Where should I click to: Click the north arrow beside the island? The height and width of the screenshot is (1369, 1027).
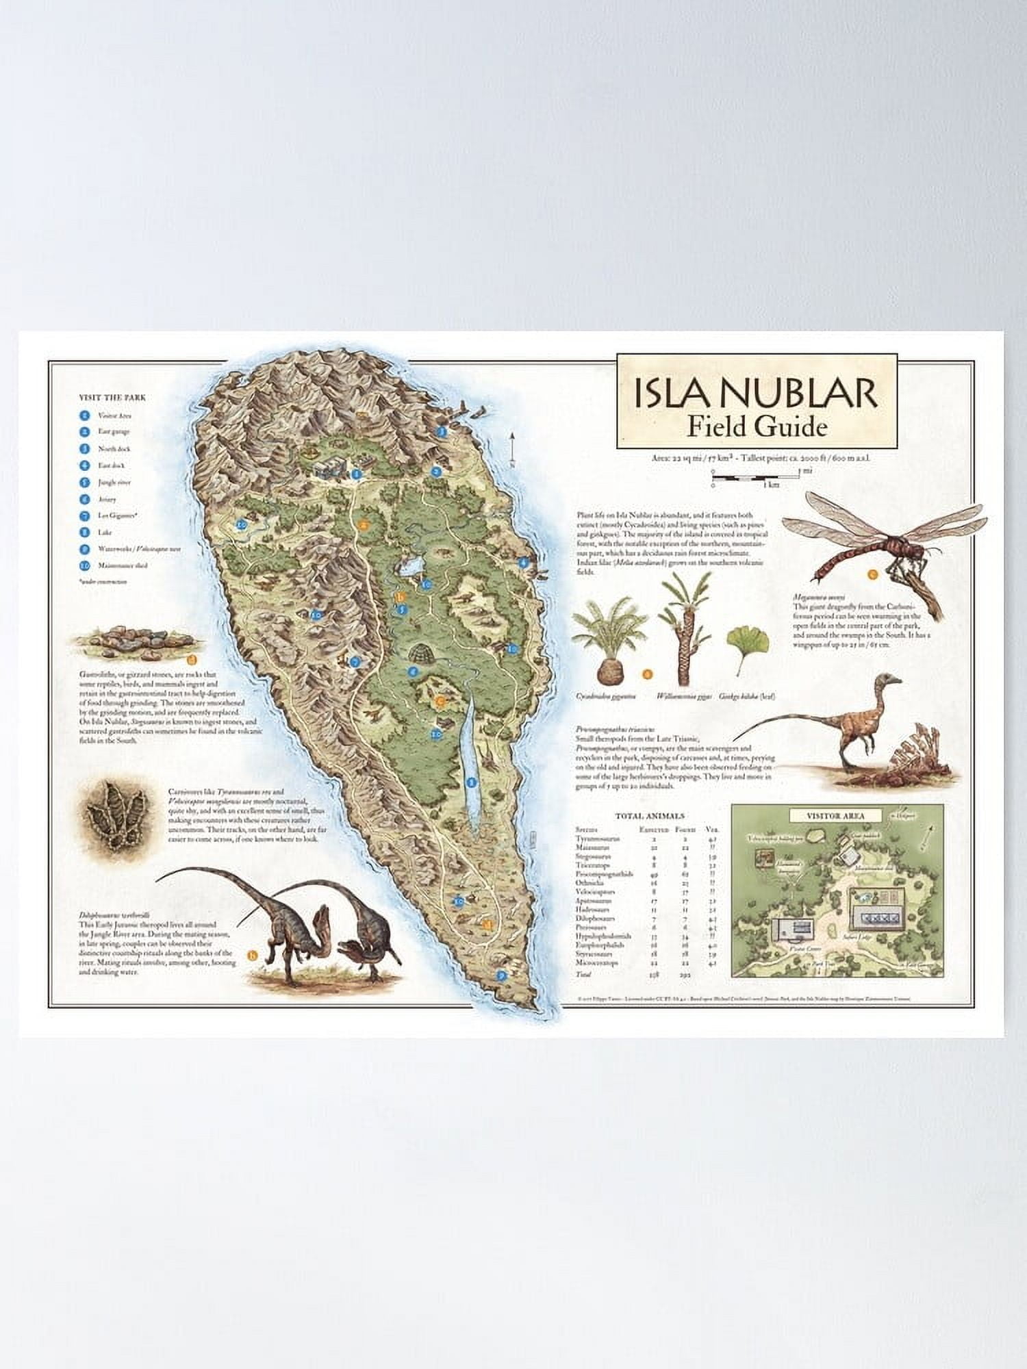[x=511, y=448]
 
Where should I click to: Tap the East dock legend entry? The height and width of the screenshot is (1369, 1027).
[x=108, y=465]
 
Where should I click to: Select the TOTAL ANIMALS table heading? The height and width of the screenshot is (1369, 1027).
[x=650, y=816]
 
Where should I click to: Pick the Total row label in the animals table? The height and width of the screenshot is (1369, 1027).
[x=585, y=973]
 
